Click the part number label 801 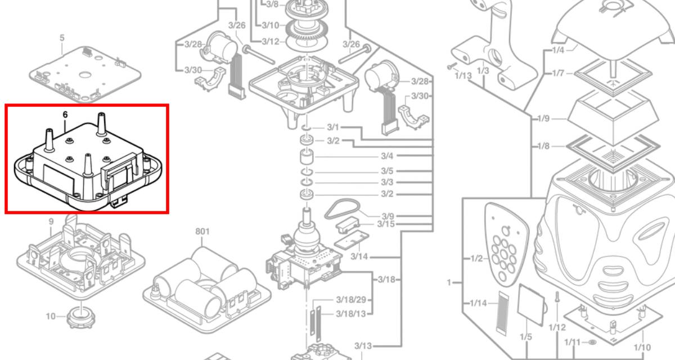coord(202,231)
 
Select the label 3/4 coord(387,156)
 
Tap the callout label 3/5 coord(387,171)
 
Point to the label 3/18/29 coord(351,299)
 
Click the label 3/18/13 coord(351,313)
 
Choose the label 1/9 coord(543,119)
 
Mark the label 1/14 coord(478,304)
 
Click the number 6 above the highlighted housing coord(65,114)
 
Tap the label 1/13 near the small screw coord(463,76)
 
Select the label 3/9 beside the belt coord(388,216)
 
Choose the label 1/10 coord(642,348)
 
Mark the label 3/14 coord(359,256)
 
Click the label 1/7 coord(559,73)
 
